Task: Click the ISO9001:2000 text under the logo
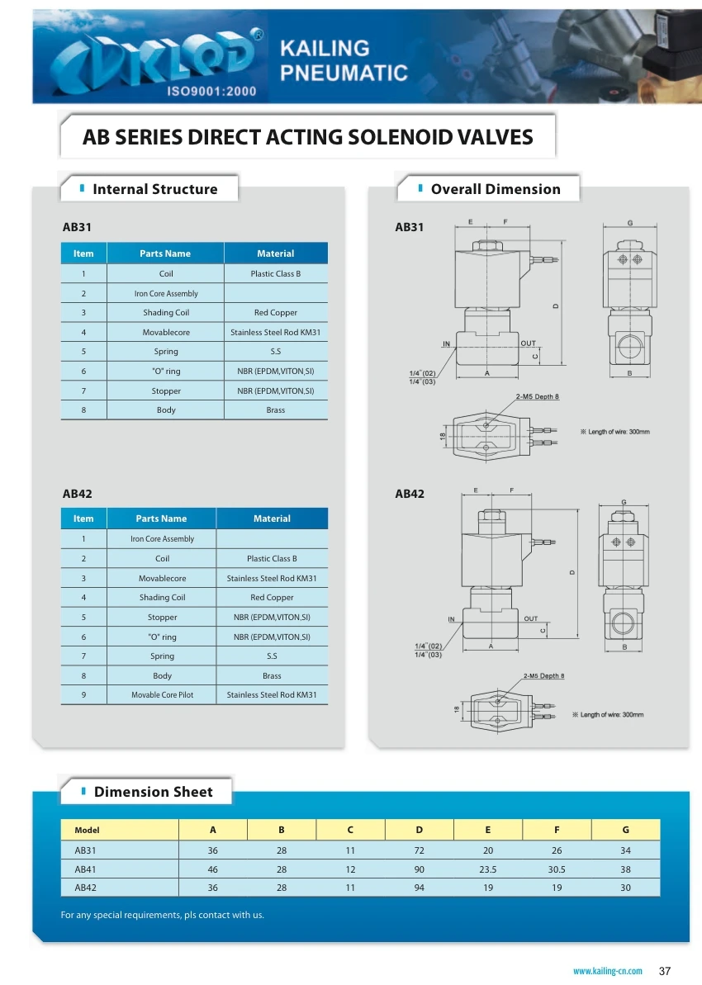pos(211,92)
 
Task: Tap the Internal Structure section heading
pos(154,189)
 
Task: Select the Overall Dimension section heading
pos(495,189)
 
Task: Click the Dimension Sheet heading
pos(153,792)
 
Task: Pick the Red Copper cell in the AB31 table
pos(275,313)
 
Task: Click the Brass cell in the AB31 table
pos(275,410)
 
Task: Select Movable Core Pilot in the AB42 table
pos(162,695)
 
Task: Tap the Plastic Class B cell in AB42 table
pos(272,559)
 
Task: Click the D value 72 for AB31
pos(419,850)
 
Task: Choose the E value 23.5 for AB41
pos(487,869)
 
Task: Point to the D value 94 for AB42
pos(419,888)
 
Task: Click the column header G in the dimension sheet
pos(625,830)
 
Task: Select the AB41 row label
pos(86,869)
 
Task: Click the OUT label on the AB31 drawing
pos(529,343)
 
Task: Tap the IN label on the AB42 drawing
pos(452,618)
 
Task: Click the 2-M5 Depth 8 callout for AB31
pos(537,397)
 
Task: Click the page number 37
pos(665,970)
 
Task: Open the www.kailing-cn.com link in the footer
pos(607,971)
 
